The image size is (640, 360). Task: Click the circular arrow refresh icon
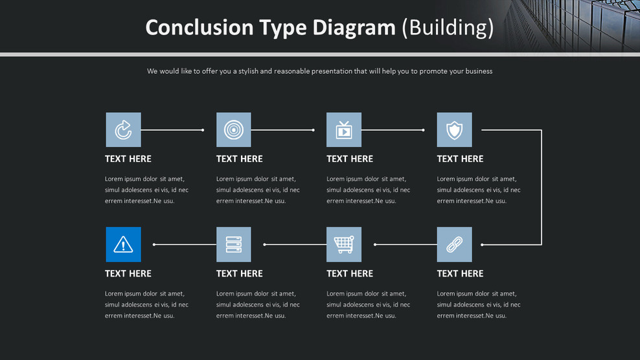point(123,130)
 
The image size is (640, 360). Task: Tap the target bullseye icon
point(233,130)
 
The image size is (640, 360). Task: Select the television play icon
point(344,130)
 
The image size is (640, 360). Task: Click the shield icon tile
point(454,130)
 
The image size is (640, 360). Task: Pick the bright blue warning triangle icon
point(123,245)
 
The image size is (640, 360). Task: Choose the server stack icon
point(233,245)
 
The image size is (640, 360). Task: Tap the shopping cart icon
point(344,245)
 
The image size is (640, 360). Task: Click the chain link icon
point(454,245)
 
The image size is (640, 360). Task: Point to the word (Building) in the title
point(448,28)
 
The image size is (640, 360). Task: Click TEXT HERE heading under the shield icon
point(460,159)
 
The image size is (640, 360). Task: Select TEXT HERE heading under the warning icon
point(128,273)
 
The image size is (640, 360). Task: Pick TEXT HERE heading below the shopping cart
point(350,273)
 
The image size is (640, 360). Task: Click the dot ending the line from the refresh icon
point(203,130)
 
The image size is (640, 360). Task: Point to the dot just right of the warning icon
point(154,245)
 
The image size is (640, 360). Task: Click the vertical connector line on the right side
point(542,188)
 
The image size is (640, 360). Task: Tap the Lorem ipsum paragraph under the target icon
point(258,190)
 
